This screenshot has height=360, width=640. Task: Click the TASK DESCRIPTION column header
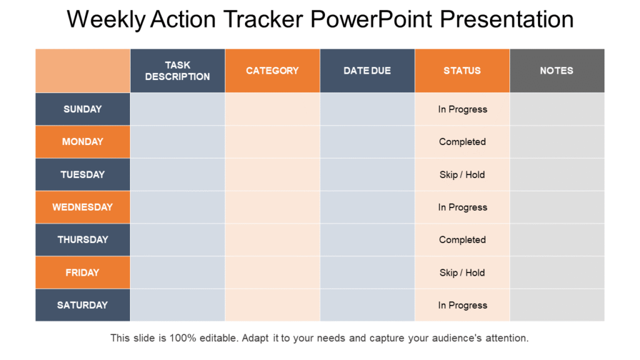tap(177, 71)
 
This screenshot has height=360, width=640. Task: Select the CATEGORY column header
tap(272, 71)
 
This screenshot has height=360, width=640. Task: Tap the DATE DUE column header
tap(367, 71)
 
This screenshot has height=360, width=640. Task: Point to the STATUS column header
tap(462, 71)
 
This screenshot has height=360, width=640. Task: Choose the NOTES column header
tap(557, 71)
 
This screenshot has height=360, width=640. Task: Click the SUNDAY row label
tap(82, 109)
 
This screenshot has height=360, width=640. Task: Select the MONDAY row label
tap(82, 142)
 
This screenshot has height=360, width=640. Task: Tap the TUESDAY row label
tap(82, 174)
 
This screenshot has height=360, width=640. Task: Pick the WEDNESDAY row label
tap(82, 207)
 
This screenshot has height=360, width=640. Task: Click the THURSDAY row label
tap(82, 239)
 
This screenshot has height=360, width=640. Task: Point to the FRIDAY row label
tap(82, 272)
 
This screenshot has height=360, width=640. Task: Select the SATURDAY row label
tap(82, 305)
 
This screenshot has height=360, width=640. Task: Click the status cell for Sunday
tap(462, 109)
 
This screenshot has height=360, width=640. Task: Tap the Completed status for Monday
tap(462, 142)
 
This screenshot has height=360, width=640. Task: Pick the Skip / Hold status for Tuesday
tap(462, 175)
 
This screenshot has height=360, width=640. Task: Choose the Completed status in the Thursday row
tap(462, 239)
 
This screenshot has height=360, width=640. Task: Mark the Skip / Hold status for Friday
tap(462, 272)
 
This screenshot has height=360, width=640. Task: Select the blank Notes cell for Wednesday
tap(557, 207)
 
